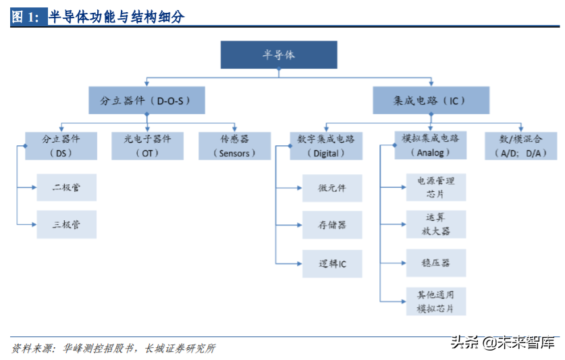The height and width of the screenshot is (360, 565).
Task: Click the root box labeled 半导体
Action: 279,55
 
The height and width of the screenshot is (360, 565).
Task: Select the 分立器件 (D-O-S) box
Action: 146,101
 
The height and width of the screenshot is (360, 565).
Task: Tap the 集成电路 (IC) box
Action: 431,101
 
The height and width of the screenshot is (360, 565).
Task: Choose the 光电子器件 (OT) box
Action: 147,146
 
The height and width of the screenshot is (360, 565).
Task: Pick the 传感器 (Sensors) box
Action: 234,146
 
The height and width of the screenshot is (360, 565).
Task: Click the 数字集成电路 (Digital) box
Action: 326,146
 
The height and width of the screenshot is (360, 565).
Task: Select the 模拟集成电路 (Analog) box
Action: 431,146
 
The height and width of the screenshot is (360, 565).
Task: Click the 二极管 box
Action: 67,187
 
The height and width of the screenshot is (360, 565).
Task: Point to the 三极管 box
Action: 67,224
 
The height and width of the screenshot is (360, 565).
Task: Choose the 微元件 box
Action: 332,188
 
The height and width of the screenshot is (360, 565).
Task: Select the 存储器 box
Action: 332,225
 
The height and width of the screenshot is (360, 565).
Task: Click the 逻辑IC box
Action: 332,263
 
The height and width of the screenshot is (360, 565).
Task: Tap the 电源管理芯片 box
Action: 436,187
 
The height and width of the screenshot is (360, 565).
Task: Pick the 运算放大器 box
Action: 436,224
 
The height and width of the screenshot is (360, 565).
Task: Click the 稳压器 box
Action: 436,263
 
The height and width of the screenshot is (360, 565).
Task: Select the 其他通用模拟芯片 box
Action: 436,301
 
